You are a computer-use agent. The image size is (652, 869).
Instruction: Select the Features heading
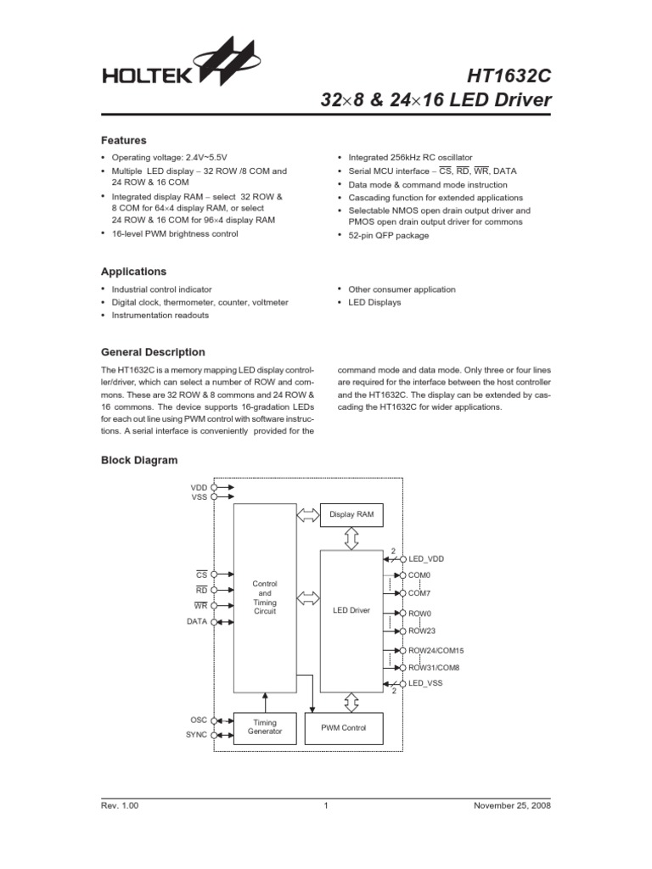[x=124, y=141]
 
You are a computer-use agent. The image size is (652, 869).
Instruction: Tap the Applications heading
[x=134, y=272]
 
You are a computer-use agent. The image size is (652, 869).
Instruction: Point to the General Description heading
[x=153, y=352]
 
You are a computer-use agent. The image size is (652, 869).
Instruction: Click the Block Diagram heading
[x=139, y=460]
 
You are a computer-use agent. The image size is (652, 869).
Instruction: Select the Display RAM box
[x=351, y=514]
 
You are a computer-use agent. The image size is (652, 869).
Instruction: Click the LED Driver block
[x=351, y=610]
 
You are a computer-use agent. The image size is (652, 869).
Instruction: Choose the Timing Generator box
[x=265, y=727]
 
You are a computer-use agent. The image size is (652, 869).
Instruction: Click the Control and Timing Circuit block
[x=265, y=597]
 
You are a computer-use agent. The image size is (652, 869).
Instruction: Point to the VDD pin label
[x=199, y=488]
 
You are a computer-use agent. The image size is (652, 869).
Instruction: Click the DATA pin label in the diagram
[x=197, y=622]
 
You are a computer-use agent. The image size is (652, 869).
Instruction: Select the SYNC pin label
[x=196, y=735]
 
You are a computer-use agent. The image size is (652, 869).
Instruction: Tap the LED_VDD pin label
[x=426, y=559]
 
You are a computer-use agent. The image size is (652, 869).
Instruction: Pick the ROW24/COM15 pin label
[x=436, y=651]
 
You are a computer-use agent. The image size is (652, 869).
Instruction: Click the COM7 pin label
[x=420, y=594]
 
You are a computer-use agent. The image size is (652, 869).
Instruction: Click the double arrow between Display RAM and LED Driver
[x=351, y=538]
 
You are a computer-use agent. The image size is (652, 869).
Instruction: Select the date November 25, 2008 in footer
[x=512, y=805]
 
